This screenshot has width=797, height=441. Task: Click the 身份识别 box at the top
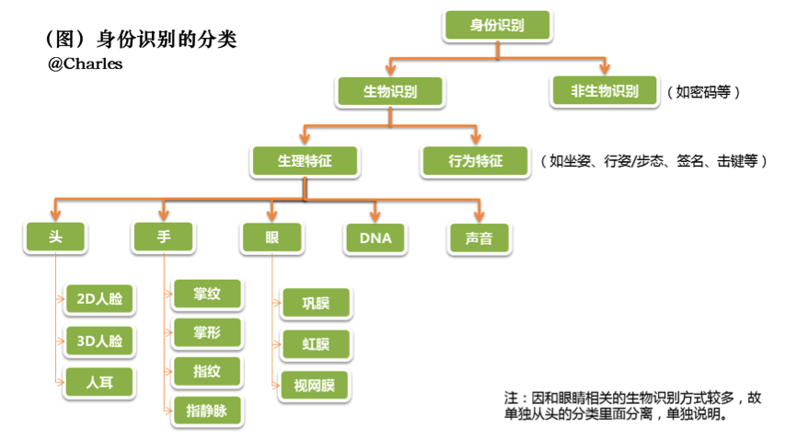tap(497, 26)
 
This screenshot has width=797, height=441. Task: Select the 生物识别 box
tap(390, 92)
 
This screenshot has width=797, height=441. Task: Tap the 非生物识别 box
tap(604, 92)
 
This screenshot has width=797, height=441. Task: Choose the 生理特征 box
tap(305, 161)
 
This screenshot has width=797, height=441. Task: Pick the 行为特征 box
tap(475, 161)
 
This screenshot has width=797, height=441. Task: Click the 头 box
tap(55, 238)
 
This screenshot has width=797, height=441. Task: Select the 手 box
tap(164, 238)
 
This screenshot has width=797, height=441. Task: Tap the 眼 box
tap(271, 238)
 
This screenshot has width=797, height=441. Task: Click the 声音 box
tap(479, 238)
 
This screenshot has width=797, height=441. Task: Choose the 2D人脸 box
tap(98, 299)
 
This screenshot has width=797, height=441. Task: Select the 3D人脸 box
tap(98, 341)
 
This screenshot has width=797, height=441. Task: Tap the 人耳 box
tap(98, 381)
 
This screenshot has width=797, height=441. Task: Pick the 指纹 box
tap(206, 372)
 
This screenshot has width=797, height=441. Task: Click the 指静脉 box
tap(206, 412)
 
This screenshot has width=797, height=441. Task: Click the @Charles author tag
tap(85, 64)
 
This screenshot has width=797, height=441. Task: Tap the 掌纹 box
tap(206, 295)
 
